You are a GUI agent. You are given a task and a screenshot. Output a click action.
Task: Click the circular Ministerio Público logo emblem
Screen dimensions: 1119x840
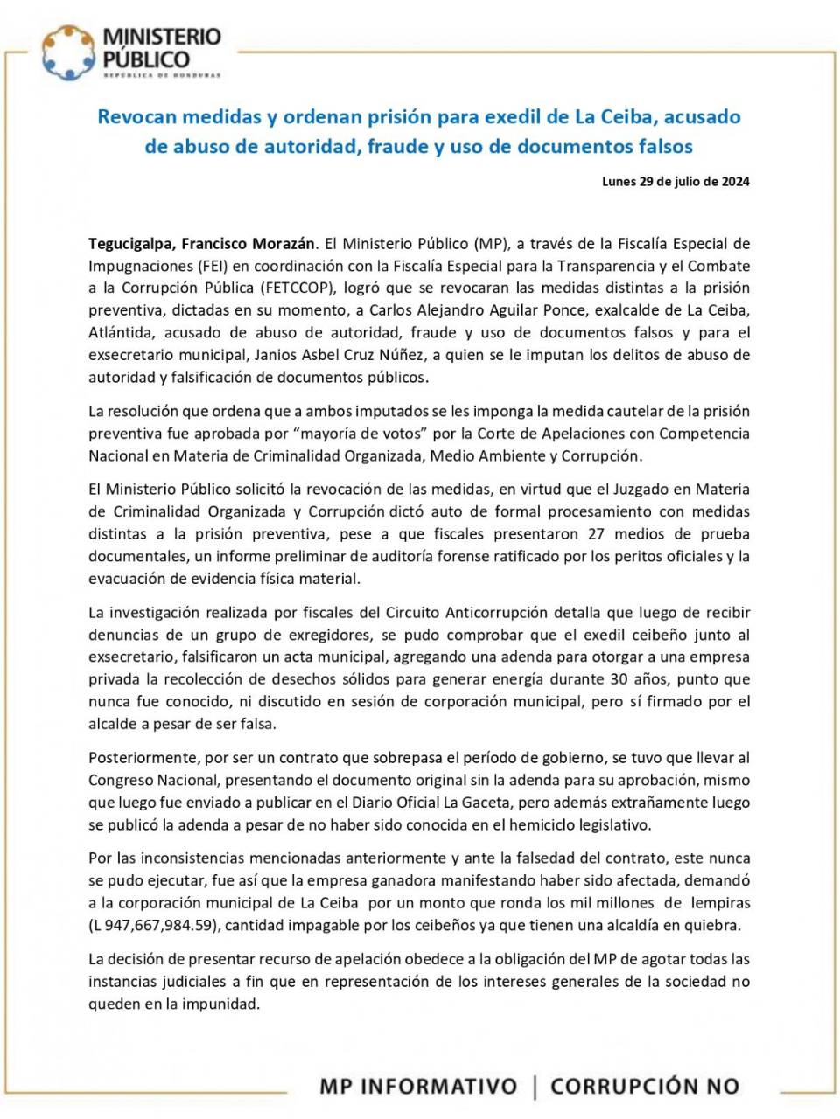coord(68,52)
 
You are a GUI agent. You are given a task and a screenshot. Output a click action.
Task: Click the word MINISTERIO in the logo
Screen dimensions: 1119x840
coord(162,37)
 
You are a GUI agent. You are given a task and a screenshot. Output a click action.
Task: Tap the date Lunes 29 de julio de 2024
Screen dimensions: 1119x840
coord(675,182)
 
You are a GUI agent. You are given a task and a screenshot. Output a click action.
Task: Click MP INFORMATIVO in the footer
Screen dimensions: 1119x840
coord(418,1087)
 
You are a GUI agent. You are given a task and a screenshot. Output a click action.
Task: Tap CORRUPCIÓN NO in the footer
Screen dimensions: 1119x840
coord(645,1087)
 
